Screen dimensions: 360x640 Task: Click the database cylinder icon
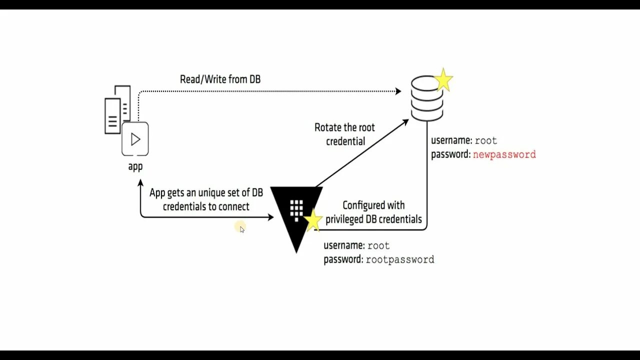[x=426, y=98]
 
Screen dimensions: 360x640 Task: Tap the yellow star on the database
[x=443, y=80]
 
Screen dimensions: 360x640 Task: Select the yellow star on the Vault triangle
[x=313, y=220]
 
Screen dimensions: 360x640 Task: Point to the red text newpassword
[x=504, y=154]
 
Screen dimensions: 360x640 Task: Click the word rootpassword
[x=400, y=259]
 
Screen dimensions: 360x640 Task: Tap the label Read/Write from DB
[x=220, y=79]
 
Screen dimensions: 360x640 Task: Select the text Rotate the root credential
[x=345, y=134]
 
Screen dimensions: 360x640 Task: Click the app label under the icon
[x=135, y=166]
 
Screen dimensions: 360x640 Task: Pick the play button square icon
[x=135, y=138]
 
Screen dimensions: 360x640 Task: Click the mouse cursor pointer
[x=242, y=229]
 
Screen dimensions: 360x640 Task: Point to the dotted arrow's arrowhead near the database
[x=398, y=91]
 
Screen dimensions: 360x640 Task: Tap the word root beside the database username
[x=485, y=141]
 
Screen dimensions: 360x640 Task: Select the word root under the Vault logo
[x=378, y=246]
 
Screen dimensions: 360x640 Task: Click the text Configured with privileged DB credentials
[x=373, y=212]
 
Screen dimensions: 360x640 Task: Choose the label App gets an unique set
[x=206, y=199]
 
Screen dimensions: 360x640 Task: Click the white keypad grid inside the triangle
[x=296, y=208]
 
